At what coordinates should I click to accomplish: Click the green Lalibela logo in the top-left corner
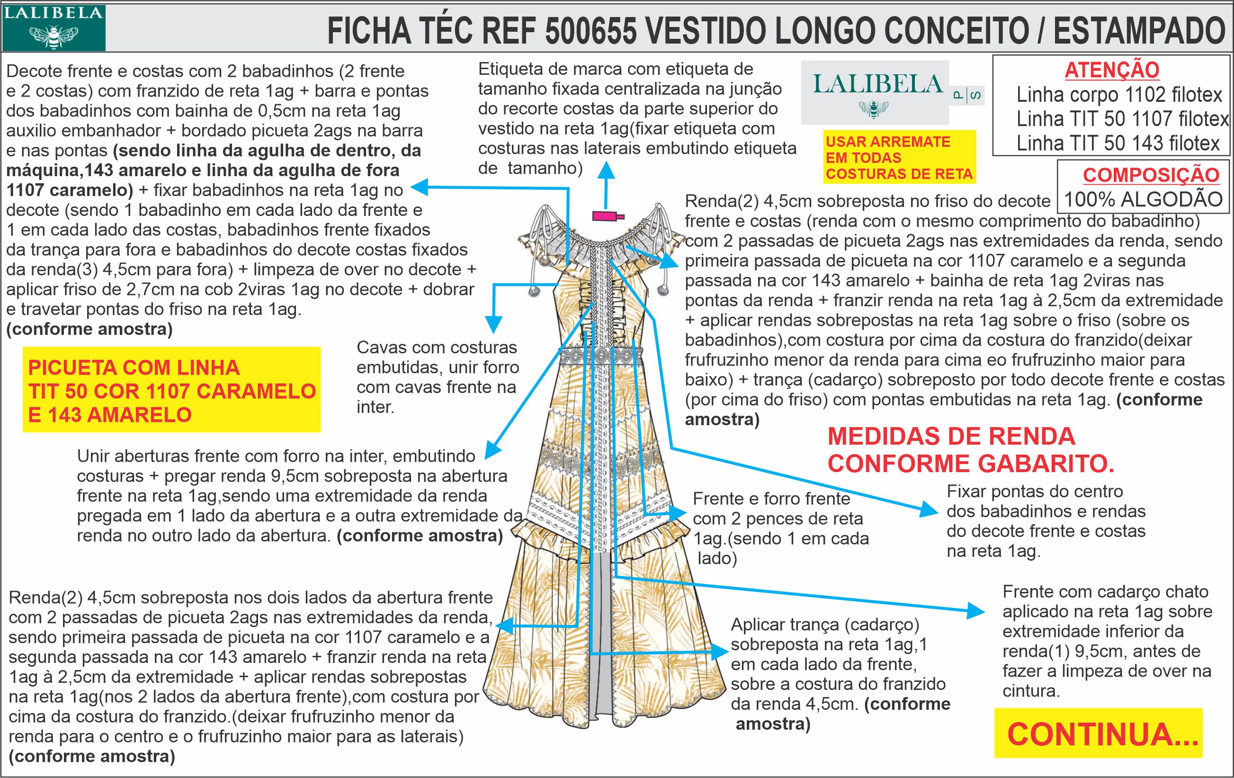click(54, 27)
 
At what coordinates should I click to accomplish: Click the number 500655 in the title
click(590, 31)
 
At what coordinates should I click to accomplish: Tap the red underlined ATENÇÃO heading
click(1111, 70)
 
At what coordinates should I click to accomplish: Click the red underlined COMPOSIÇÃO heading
click(1151, 175)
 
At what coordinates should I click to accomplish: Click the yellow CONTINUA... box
click(1098, 734)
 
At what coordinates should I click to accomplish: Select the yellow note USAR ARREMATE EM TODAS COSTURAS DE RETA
click(899, 157)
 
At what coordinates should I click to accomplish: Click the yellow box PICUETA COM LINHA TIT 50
click(172, 390)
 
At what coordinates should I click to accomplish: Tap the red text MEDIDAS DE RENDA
click(951, 436)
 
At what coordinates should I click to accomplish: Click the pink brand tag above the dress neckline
click(608, 216)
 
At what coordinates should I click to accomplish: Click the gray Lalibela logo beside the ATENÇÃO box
click(875, 92)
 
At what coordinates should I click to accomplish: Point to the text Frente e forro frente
click(771, 499)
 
